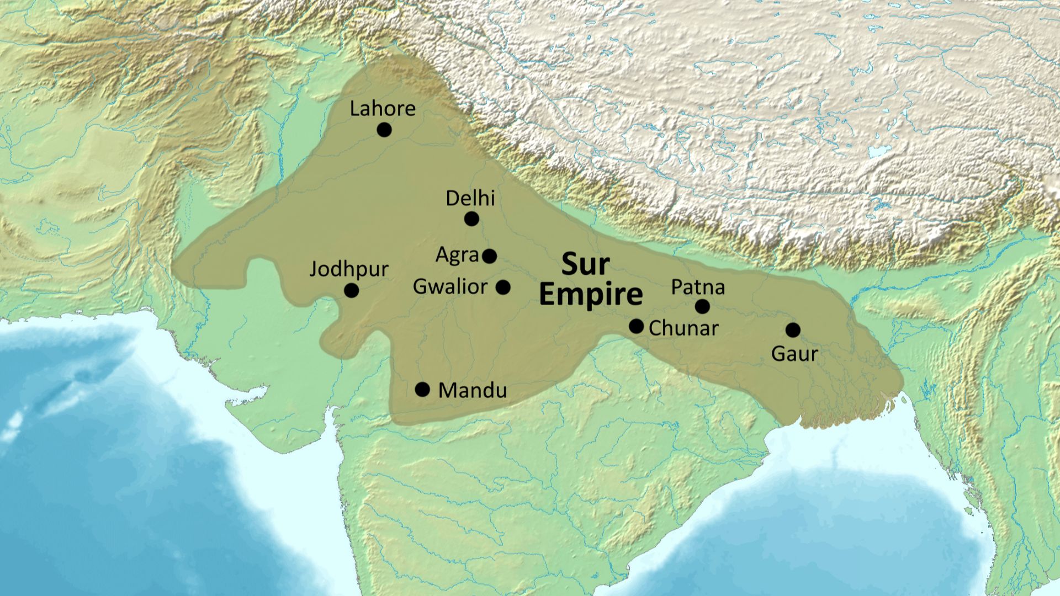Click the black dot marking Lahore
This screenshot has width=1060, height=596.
tap(384, 130)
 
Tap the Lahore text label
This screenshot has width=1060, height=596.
tap(383, 108)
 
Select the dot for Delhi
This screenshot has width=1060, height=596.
tap(471, 219)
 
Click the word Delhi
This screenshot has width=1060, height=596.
tap(470, 198)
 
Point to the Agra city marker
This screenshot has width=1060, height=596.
tap(489, 256)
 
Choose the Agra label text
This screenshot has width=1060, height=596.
tap(457, 255)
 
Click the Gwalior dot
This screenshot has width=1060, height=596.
tap(503, 287)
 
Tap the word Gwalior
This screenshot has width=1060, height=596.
tap(450, 286)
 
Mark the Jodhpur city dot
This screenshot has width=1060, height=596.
tap(351, 290)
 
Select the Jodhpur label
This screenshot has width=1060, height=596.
tap(348, 269)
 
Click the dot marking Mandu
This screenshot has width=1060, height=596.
tap(422, 390)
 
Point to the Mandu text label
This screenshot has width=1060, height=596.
tap(472, 391)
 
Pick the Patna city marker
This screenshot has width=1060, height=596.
tap(702, 306)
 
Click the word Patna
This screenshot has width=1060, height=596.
tap(698, 287)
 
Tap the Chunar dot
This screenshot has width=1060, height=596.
tap(636, 326)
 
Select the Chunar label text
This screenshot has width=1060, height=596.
tap(683, 328)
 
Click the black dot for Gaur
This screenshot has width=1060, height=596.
tap(793, 330)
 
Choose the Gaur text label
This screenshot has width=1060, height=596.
tap(794, 353)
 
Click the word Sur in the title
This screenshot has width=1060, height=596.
tap(585, 265)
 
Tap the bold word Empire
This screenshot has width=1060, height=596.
tap(590, 294)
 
